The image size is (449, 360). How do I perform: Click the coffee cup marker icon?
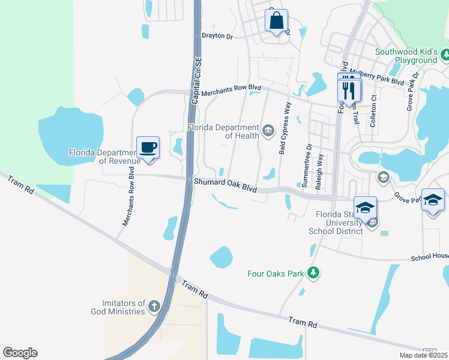pyautogui.click(x=148, y=147)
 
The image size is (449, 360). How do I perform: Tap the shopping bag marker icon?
pyautogui.click(x=276, y=20)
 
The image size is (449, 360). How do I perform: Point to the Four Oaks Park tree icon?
pyautogui.click(x=313, y=274)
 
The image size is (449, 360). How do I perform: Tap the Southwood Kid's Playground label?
pyautogui.click(x=406, y=56)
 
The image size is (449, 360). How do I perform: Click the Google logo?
pyautogui.click(x=20, y=353)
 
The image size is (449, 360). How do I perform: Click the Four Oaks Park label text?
pyautogui.click(x=276, y=274)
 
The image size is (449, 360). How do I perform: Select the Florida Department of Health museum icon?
pyautogui.click(x=268, y=130)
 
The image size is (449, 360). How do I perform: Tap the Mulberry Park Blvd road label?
pyautogui.click(x=381, y=80)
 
